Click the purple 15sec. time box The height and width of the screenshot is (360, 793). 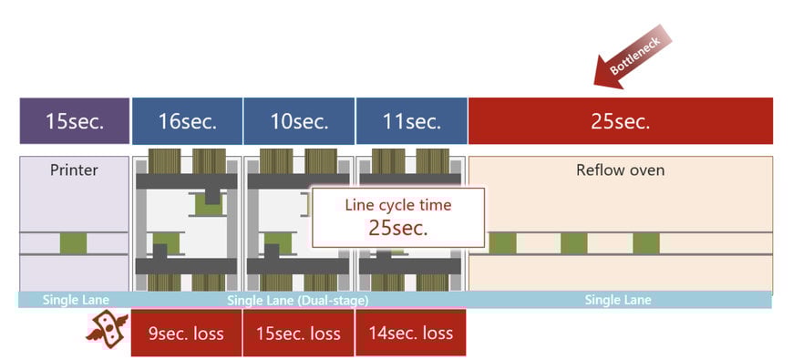pos(74,121)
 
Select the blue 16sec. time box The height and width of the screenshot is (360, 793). pos(187,121)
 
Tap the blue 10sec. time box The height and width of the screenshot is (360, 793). pos(299,121)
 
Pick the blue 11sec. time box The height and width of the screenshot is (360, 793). pos(411,121)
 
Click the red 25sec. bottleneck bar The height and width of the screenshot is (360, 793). pos(620,121)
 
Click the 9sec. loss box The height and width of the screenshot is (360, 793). pos(187,333)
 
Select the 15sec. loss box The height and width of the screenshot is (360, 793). pos(298,333)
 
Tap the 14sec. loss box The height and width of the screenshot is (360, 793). pos(410,333)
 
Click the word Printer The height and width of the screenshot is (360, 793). pos(74,170)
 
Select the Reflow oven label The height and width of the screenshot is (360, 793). pos(620,170)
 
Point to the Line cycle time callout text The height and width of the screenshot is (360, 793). pos(397,205)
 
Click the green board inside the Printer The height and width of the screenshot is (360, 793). pos(74,243)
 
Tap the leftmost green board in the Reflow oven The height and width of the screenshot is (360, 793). pos(502,243)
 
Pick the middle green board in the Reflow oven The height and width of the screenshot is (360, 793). pos(573,243)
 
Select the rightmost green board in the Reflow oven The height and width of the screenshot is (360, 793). pos(645,243)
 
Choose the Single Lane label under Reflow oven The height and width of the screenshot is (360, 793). pos(618,300)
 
